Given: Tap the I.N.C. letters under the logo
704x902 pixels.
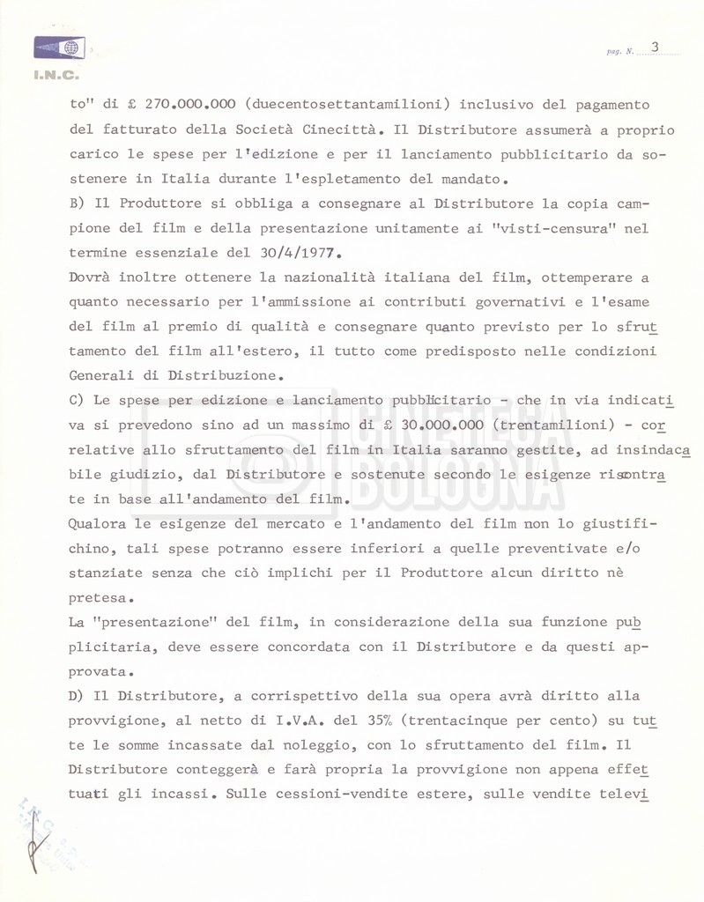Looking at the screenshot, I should point(56,76).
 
